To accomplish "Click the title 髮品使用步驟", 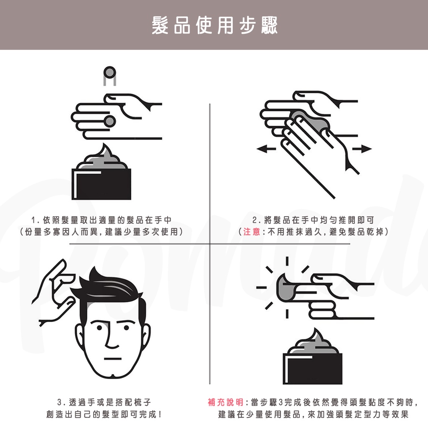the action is (x=214, y=25).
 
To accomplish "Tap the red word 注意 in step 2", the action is (x=252, y=232).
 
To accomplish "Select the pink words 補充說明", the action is (x=225, y=402).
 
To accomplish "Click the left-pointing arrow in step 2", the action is (x=266, y=149).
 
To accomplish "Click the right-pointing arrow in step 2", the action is (x=362, y=149).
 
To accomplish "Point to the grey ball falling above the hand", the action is (x=110, y=73).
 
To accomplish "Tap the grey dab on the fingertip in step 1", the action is (x=110, y=121).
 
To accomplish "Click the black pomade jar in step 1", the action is (x=101, y=184).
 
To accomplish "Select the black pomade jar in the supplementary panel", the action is (x=313, y=369).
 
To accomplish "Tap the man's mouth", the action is (x=112, y=359).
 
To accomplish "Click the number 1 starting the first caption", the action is (x=33, y=220).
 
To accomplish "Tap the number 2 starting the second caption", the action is (x=255, y=220).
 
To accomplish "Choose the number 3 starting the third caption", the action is (x=59, y=403).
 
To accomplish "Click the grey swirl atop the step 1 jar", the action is (x=102, y=158).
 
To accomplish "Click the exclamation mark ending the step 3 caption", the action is (x=160, y=415).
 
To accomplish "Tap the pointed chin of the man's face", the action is (x=112, y=376).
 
